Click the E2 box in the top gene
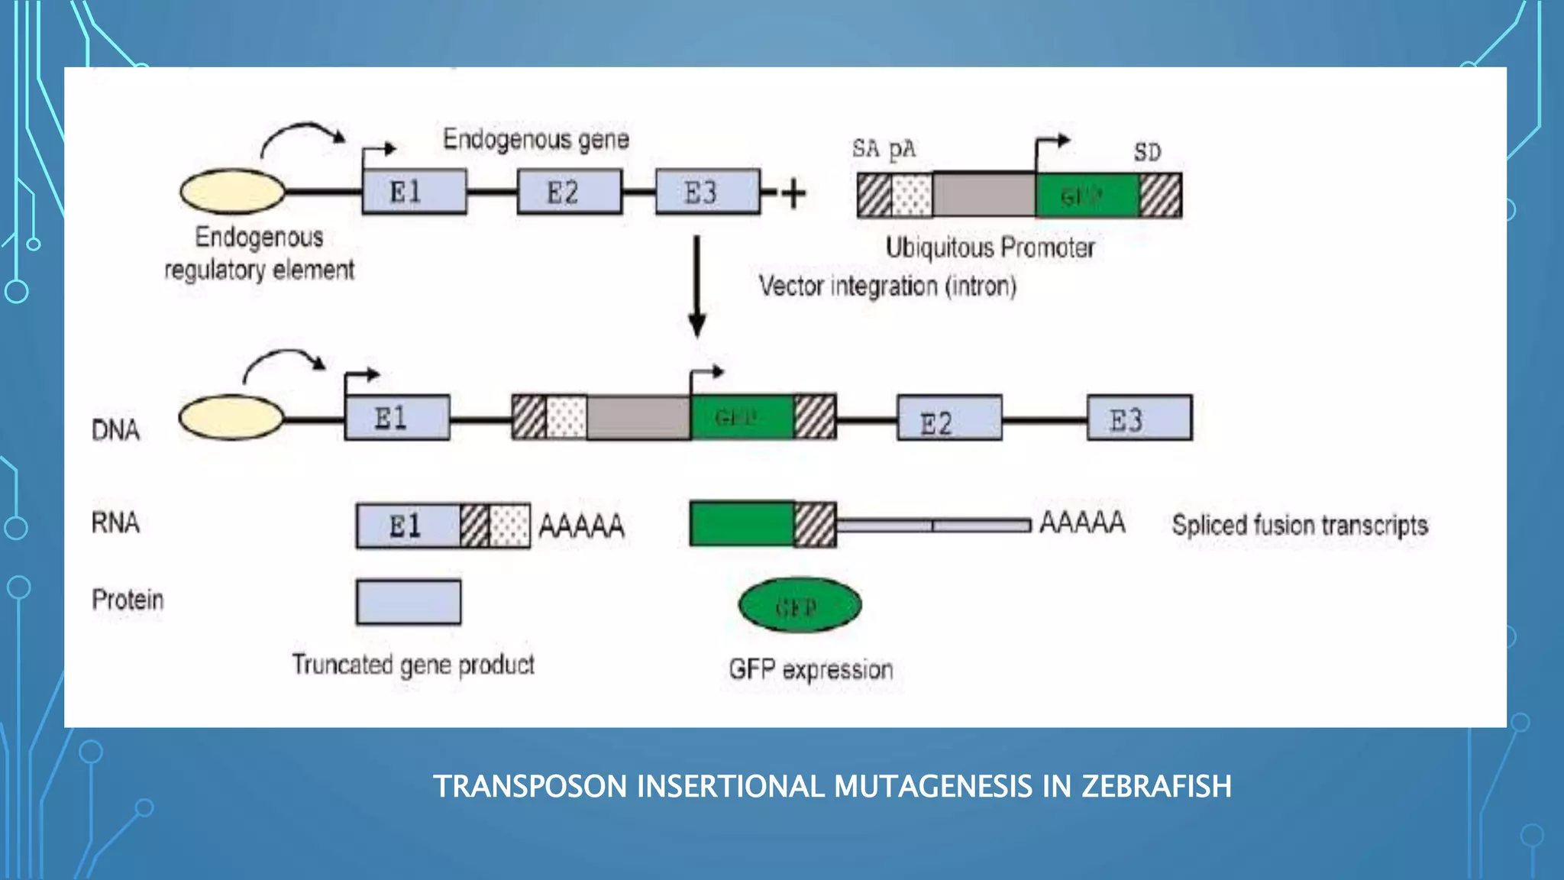[569, 192]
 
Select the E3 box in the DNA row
[1139, 418]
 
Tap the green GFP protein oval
[800, 606]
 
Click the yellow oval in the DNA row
[231, 418]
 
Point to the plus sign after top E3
[793, 193]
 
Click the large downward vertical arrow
[696, 286]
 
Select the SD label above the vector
[1147, 152]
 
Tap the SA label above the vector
[866, 148]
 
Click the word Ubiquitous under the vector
[939, 247]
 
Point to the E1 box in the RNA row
[408, 526]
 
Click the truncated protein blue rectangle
[409, 603]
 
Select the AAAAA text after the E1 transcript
[582, 526]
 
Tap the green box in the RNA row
[741, 524]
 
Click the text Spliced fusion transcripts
[1300, 526]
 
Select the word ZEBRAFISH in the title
[1155, 787]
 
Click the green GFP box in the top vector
[1086, 196]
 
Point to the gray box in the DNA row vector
[638, 418]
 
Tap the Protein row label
[128, 600]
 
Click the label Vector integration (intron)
[887, 286]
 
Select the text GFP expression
[810, 670]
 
